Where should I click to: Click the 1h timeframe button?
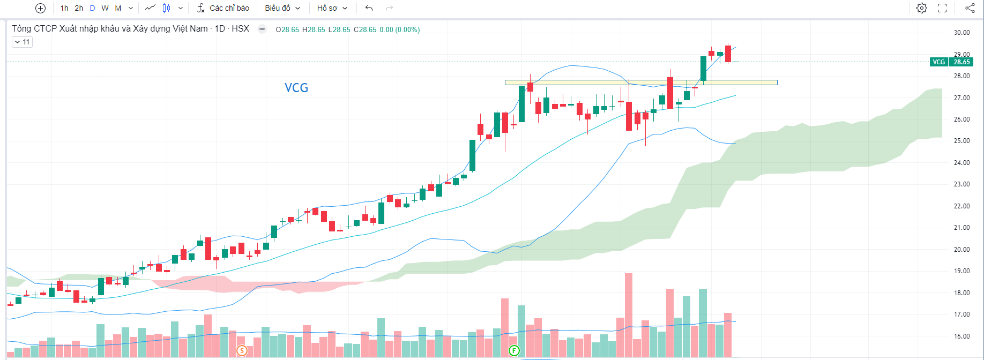point(64,8)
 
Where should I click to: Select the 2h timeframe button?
point(79,8)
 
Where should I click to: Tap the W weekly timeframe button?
point(105,8)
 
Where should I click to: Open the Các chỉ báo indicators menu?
point(223,8)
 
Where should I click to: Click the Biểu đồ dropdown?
point(282,8)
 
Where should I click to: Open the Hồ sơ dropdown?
point(332,8)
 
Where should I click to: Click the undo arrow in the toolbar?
point(369,8)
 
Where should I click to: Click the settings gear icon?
point(922,8)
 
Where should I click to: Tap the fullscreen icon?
point(942,8)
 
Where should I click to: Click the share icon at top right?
point(970,8)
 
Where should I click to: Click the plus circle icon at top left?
point(40,8)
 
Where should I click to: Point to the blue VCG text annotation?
point(296,88)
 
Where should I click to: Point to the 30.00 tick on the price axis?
point(961,33)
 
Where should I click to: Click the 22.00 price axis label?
point(961,206)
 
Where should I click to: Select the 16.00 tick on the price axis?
point(961,336)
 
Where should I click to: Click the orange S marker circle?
point(242,351)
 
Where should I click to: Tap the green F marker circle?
point(514,351)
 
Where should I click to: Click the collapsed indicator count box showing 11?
point(22,42)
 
